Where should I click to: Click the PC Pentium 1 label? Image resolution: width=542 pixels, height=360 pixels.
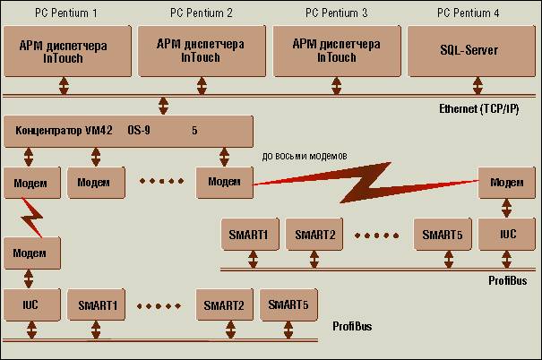[65, 13]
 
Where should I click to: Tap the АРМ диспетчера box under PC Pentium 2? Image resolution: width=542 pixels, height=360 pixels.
[199, 51]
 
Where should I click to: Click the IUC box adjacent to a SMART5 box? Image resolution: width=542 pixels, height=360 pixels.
[506, 235]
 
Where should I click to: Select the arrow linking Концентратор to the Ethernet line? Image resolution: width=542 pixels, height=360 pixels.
[162, 106]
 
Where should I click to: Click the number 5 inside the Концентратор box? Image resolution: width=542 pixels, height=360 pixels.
[194, 130]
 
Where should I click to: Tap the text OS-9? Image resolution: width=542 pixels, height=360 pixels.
[141, 130]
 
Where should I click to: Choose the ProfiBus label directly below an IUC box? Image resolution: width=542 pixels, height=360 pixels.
[508, 280]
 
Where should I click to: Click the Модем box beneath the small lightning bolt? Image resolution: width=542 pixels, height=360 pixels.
[30, 253]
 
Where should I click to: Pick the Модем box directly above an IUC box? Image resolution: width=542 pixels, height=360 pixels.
[506, 182]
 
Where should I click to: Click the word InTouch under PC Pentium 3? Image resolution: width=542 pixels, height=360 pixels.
[335, 57]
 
